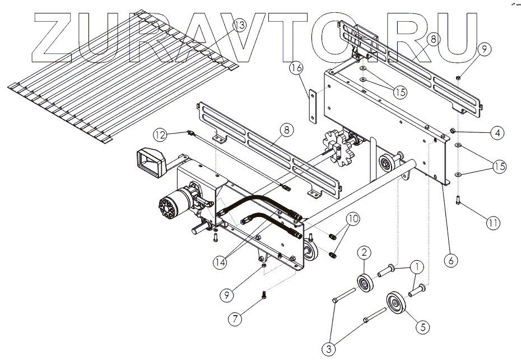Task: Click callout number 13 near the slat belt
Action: pos(239,26)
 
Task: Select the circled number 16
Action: pos(296,67)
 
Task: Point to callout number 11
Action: pos(492,223)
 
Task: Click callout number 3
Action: pos(329,348)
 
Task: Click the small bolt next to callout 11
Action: pos(458,199)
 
